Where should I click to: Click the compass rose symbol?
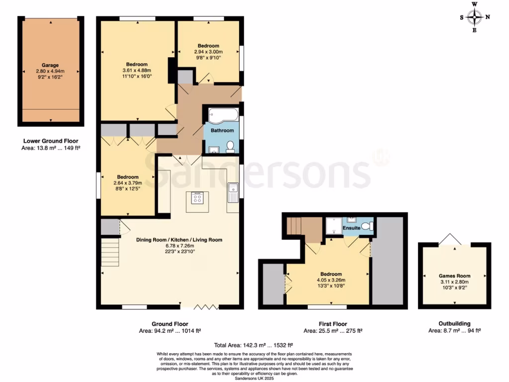pyautogui.click(x=475, y=17)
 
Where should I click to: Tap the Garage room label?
pyautogui.click(x=50, y=65)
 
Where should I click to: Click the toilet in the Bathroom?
pyautogui.click(x=230, y=146)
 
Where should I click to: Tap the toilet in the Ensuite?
pyautogui.click(x=367, y=226)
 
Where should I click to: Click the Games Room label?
pyautogui.click(x=454, y=276)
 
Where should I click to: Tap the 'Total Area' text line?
pyautogui.click(x=254, y=345)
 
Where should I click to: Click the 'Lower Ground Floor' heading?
pyautogui.click(x=51, y=141)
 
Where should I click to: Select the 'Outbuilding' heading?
pyautogui.click(x=454, y=323)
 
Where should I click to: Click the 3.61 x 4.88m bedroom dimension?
pyautogui.click(x=136, y=71)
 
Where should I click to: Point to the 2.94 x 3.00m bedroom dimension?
pyautogui.click(x=208, y=52)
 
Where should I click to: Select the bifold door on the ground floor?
pyautogui.click(x=204, y=306)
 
